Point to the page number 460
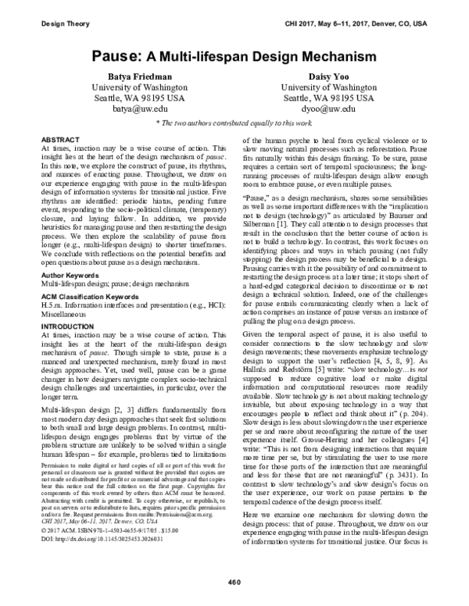point(234,583)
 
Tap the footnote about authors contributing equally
point(234,124)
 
